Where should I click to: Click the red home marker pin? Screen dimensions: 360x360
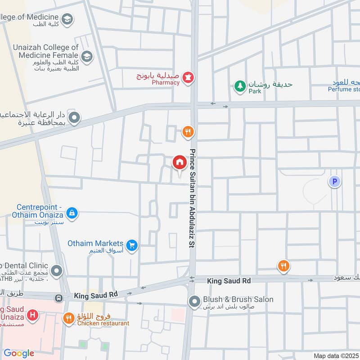(180, 162)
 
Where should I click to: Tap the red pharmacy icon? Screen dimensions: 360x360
(188, 78)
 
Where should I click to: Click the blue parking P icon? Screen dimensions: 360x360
(334, 182)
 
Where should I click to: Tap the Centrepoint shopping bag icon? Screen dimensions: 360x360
(72, 212)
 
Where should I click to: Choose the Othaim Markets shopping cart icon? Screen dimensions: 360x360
(132, 245)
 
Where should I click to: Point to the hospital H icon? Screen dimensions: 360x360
(32, 315)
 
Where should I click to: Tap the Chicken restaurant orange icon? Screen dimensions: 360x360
(68, 319)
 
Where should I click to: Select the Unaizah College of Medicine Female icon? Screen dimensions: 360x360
(87, 56)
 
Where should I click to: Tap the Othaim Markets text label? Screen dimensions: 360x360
(96, 243)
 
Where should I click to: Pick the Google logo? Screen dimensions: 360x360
(18, 353)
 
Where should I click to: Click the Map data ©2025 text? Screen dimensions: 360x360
(336, 355)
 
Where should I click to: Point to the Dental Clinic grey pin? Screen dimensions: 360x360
(57, 271)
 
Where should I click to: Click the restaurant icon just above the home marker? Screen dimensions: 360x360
(188, 132)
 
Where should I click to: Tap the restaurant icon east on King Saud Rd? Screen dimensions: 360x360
(283, 266)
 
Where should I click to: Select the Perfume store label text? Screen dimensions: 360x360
(344, 89)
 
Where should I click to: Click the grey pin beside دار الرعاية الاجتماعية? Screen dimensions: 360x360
(75, 118)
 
